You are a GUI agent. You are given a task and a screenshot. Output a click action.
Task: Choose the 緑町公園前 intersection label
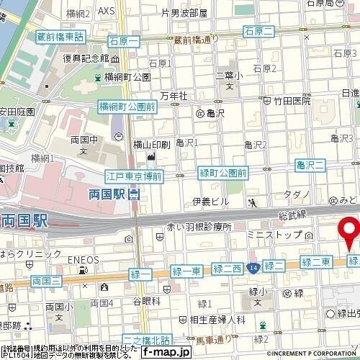[223, 173]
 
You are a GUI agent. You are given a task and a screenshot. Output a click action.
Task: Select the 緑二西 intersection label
[228, 269]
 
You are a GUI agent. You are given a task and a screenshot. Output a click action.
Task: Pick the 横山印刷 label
[152, 144]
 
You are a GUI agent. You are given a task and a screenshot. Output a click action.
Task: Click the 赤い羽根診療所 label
[199, 226]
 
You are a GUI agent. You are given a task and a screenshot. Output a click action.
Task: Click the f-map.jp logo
[166, 352]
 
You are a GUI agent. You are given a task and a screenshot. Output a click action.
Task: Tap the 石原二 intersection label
[259, 30]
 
